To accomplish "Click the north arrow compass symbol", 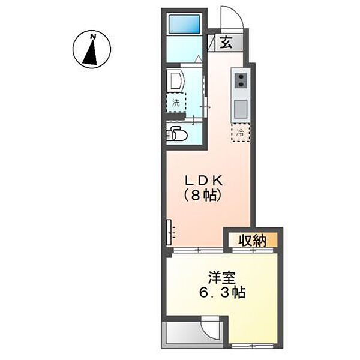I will (x=92, y=50).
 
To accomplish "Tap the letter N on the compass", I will (x=92, y=37).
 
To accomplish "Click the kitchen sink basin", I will (x=239, y=109).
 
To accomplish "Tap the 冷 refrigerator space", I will (x=240, y=132).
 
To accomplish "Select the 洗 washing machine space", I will (x=176, y=103).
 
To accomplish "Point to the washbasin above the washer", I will (x=176, y=80).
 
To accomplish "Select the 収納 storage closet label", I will (x=253, y=241).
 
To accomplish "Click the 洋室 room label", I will (x=221, y=278).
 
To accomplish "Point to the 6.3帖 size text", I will (x=221, y=294).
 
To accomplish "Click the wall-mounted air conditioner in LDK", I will (x=170, y=231).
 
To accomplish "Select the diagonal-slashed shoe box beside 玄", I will (x=211, y=43).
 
